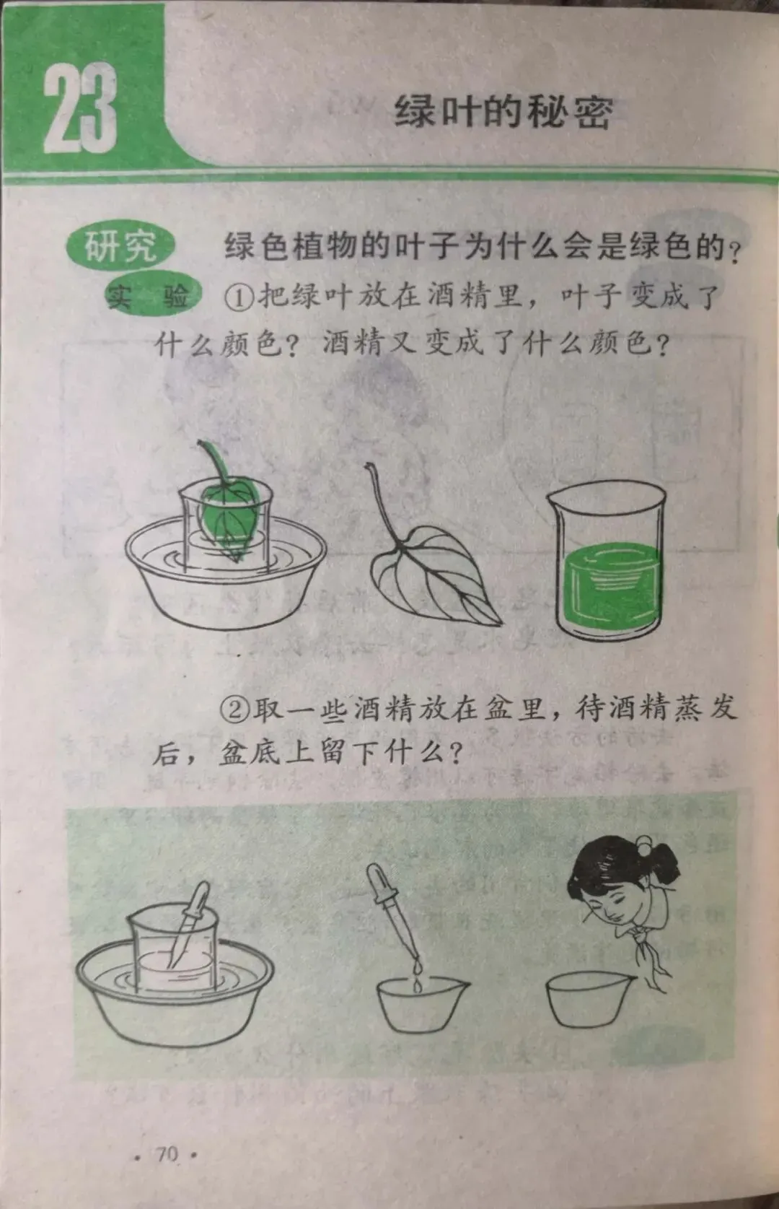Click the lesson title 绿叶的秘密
503,112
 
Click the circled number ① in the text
238,297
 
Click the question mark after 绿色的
734,253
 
